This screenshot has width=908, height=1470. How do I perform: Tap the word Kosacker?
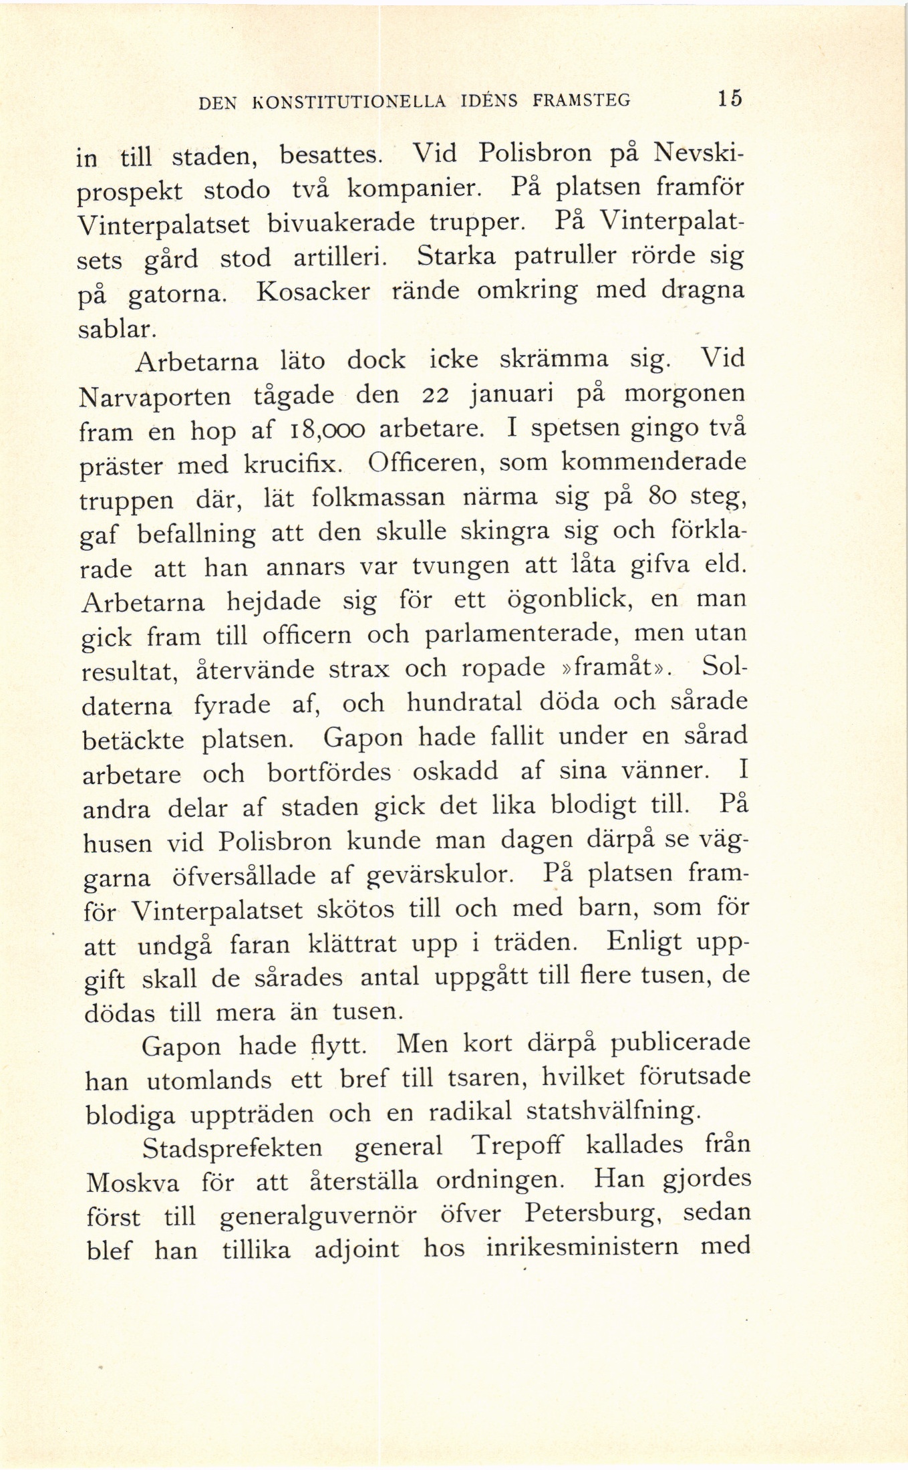pyautogui.click(x=313, y=292)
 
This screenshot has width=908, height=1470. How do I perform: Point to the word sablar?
pyautogui.click(x=118, y=328)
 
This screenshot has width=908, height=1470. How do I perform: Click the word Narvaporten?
pyautogui.click(x=155, y=398)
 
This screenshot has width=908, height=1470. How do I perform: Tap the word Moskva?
pyautogui.click(x=133, y=1184)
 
